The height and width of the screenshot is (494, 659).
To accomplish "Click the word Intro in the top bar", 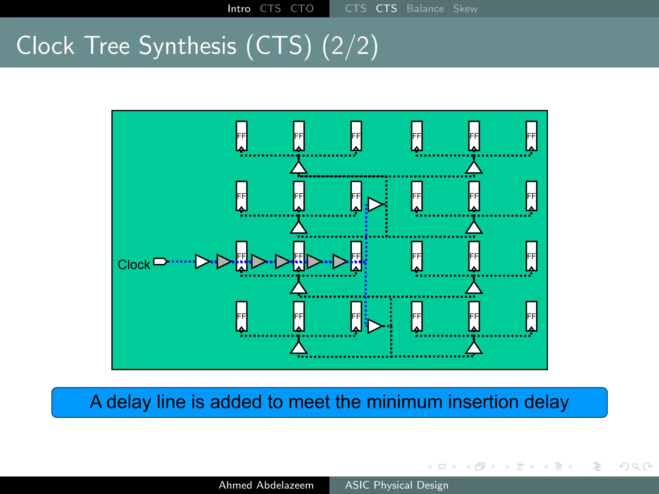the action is coord(239,9).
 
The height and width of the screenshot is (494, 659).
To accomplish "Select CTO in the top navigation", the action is coord(302,9).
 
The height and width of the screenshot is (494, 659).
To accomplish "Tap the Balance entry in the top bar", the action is coord(425,9).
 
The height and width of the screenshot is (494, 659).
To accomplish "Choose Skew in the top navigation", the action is coord(465,9).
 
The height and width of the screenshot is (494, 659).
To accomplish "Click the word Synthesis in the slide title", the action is coord(188,46).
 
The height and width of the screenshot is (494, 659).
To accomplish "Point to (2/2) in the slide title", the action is coord(350,46).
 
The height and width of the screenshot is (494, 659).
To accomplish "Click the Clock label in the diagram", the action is coord(134,265).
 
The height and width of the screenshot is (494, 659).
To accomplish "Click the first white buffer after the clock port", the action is coord(202,261).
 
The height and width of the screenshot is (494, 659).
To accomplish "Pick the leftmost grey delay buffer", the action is coord(224,261).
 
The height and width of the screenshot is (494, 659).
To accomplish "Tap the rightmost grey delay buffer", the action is coord(339,261).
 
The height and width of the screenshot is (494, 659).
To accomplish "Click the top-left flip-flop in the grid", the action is coord(242,136).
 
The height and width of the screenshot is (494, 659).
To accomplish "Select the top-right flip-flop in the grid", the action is coord(531,136).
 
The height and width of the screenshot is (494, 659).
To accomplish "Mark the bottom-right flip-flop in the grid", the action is coord(531,316).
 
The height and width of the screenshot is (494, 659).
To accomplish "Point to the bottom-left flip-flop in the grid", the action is coord(242,316).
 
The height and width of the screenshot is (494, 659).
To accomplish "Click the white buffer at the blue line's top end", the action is coord(375,204).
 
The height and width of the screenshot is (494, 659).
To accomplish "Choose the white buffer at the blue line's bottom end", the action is coord(375,326).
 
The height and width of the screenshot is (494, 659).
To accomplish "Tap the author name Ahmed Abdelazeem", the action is coord(266,485).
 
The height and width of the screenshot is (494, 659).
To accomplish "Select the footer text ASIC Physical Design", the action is coord(397,485).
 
